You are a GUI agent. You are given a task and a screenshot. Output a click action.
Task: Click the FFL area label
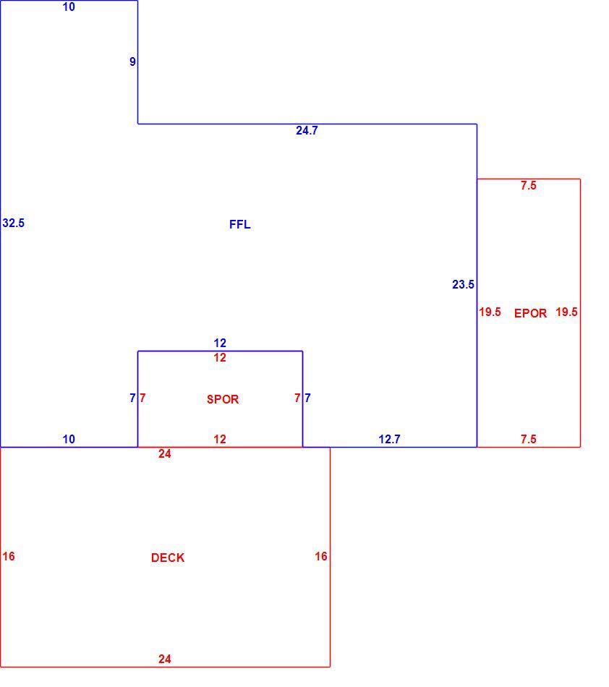pos(239,224)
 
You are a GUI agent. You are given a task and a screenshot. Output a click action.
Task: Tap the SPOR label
pos(223,399)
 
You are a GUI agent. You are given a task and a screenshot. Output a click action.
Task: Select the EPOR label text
pos(530,313)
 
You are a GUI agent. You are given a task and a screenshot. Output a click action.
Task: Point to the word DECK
pos(168,558)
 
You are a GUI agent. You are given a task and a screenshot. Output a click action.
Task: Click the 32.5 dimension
pos(14,223)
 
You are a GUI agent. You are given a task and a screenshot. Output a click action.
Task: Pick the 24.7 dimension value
pos(307,131)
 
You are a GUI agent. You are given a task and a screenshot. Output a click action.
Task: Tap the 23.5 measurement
pos(463,285)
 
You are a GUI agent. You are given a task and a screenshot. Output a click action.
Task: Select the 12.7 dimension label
pos(390,439)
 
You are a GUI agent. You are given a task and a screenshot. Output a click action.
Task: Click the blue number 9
pos(132,61)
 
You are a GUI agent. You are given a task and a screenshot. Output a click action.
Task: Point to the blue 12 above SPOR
pos(220,343)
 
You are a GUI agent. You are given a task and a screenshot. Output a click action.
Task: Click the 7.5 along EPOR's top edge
pos(529,185)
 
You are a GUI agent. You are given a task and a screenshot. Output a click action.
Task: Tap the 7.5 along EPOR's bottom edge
pos(529,439)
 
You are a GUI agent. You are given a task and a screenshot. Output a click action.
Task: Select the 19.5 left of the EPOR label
pos(490,312)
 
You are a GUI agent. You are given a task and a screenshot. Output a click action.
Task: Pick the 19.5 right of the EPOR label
pos(566,312)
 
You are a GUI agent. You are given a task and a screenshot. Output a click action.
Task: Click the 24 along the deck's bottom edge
pos(165,659)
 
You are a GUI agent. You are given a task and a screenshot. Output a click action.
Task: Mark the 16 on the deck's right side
pos(320,556)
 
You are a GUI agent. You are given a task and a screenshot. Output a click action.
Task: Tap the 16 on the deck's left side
pos(9,556)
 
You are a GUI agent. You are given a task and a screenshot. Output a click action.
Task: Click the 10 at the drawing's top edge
pos(69,7)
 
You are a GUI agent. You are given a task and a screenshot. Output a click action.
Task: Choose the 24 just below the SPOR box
pos(165,454)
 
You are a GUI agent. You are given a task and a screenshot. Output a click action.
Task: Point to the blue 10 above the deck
pos(69,439)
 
